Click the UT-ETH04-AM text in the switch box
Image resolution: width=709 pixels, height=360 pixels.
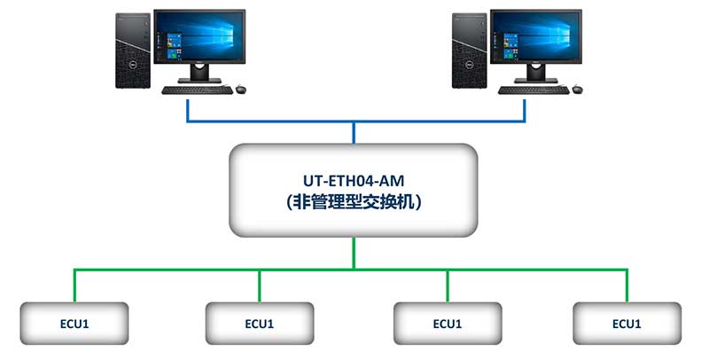(354, 180)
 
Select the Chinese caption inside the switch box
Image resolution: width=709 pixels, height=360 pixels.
(354, 202)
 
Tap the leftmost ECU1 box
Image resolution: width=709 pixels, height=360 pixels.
(74, 324)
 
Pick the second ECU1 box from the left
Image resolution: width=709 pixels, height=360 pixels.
(261, 324)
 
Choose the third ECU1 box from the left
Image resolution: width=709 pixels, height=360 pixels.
(447, 324)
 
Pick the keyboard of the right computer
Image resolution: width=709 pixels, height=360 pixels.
(532, 90)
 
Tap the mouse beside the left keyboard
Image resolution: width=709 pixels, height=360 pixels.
(240, 88)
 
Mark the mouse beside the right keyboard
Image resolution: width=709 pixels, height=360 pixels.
(578, 88)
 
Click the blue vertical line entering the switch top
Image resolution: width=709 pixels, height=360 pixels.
(354, 133)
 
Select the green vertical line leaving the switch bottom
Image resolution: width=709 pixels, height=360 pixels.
(354, 253)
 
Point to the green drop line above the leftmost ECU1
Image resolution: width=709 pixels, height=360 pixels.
(74, 286)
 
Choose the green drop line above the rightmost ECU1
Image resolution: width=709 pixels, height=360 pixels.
(627, 286)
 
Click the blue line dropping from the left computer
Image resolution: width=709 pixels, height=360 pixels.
(188, 110)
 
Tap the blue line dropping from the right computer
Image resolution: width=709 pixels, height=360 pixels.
(525, 110)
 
